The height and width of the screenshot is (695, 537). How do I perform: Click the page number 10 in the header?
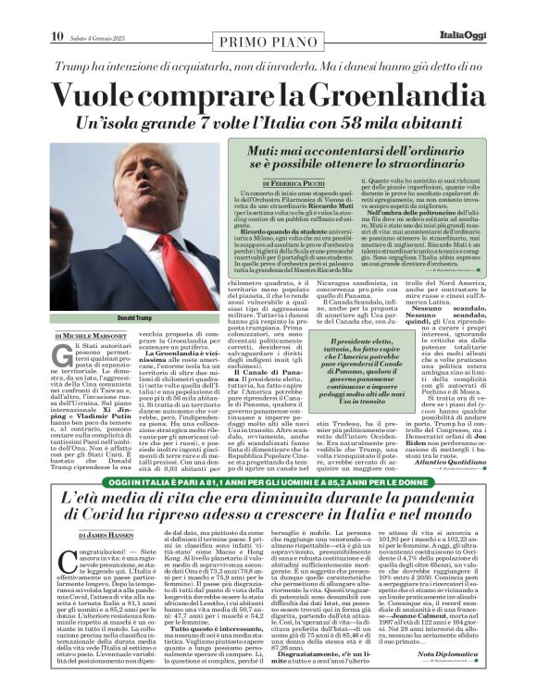point(57,36)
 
